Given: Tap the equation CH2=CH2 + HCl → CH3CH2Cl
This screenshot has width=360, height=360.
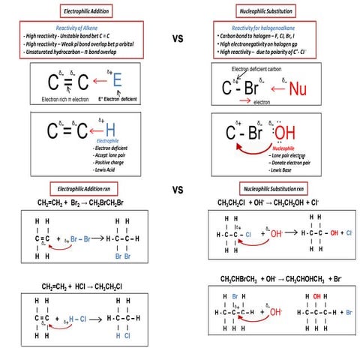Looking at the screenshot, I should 83,286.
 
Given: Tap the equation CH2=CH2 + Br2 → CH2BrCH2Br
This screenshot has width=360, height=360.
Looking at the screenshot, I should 83,203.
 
